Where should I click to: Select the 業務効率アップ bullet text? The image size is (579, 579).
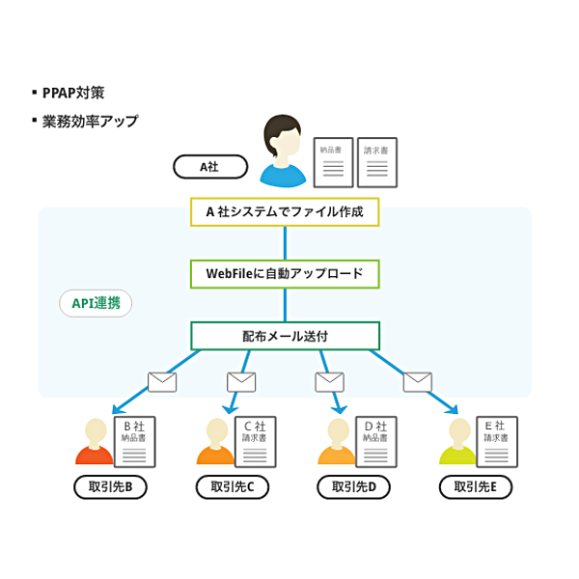tap(89, 122)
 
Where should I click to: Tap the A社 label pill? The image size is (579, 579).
tap(209, 167)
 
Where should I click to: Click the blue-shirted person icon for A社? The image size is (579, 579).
tap(283, 152)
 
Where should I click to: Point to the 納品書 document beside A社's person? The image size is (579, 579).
tap(333, 162)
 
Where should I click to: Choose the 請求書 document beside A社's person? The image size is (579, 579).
tap(376, 162)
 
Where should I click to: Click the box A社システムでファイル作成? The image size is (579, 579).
tap(285, 212)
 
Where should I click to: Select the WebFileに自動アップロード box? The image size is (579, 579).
tap(285, 274)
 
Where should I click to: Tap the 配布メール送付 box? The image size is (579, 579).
tap(285, 336)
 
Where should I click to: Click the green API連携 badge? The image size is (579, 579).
tap(96, 303)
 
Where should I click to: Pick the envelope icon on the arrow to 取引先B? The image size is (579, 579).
tap(162, 382)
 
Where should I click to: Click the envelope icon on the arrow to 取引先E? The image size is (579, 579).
tap(417, 382)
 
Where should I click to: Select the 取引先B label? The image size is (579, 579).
tap(110, 487)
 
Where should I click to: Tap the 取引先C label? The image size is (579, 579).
tap(232, 487)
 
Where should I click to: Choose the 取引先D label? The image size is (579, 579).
tap(353, 487)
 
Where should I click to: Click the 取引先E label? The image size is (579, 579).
tap(475, 487)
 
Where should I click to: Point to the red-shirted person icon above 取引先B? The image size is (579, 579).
tap(95, 443)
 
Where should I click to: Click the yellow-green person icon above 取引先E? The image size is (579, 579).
tap(458, 443)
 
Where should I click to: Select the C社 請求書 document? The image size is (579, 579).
tap(256, 442)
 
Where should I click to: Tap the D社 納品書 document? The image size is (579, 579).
tap(376, 442)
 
